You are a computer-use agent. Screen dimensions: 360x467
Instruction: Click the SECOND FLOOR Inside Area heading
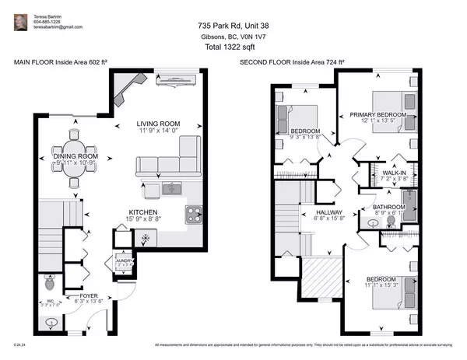(x=292, y=61)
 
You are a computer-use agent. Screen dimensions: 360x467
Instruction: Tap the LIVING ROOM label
(x=159, y=124)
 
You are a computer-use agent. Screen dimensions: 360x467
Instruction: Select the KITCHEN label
(x=144, y=212)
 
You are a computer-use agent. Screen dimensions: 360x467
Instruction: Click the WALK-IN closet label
(x=392, y=173)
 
